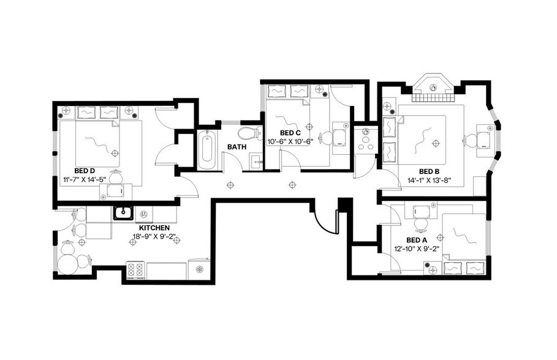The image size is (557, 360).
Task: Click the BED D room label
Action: [85, 170]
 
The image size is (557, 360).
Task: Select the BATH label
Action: [237, 147]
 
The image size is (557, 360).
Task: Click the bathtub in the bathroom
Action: [207, 149]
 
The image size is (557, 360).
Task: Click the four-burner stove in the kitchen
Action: [135, 269]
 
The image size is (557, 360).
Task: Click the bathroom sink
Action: [256, 162]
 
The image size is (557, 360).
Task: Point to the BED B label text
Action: [430, 171]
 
